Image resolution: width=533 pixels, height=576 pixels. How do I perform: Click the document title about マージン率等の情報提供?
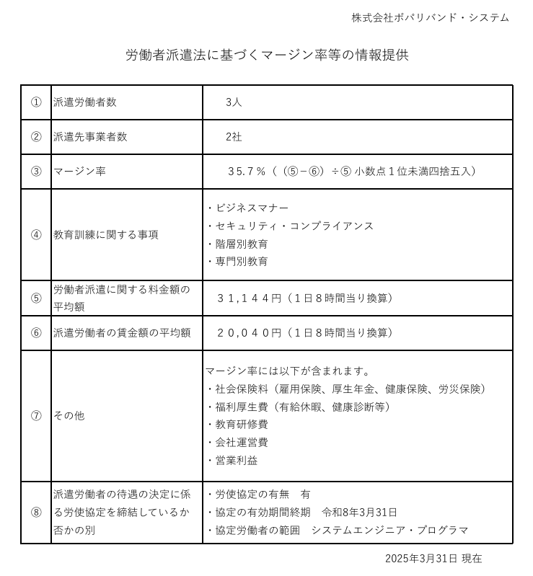[x=267, y=55]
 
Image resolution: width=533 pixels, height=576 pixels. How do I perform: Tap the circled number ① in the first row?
[x=36, y=102]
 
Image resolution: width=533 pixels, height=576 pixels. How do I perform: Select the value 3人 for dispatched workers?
[x=234, y=102]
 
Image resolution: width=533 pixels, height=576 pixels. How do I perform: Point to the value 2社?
[x=234, y=137]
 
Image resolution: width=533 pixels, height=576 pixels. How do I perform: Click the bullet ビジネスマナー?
[x=252, y=208]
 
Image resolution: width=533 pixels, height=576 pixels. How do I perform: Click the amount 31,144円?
[x=250, y=298]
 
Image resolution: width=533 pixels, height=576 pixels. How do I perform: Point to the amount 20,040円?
[x=250, y=332]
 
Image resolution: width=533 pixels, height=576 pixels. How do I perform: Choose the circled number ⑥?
[x=36, y=332]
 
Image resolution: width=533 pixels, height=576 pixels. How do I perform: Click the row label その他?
[x=69, y=416]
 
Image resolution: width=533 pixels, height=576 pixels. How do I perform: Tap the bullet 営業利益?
[x=237, y=460]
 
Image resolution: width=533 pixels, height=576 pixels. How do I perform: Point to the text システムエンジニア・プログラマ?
[x=389, y=530]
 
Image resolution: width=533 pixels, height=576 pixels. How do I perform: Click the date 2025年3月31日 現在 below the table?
[x=433, y=559]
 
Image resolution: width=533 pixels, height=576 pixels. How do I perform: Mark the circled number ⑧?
[x=36, y=513]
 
